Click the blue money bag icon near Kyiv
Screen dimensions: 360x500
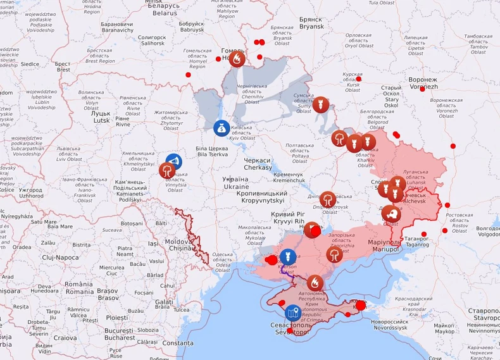coord(221,127)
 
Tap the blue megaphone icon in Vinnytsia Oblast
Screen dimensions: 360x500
coord(173,161)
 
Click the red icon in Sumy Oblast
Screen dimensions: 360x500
coord(320,104)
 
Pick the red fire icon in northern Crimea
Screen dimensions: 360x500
coord(315,282)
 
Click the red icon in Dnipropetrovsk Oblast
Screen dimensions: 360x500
coord(327,199)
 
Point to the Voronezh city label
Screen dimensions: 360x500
coord(423,83)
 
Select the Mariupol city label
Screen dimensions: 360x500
coord(385,245)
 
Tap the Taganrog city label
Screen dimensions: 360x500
coord(416,242)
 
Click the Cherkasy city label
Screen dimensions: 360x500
coord(258,164)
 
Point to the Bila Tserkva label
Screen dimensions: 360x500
coord(211,151)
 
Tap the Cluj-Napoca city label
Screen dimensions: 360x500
coord(43,258)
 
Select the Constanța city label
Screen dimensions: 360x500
coord(178,342)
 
